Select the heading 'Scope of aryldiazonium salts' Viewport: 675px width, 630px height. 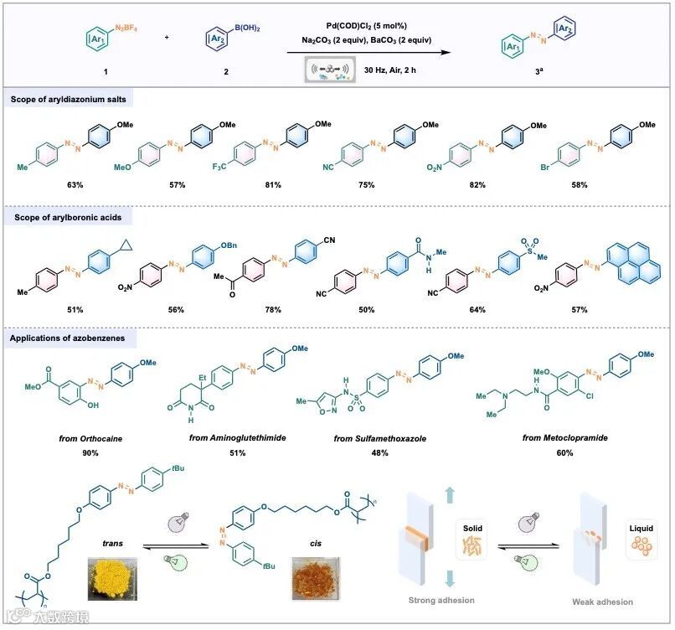(x=66, y=100)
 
